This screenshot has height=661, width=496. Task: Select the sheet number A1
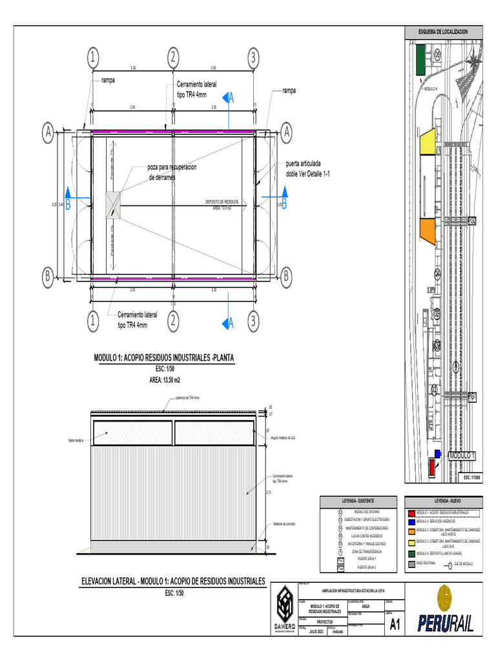[x=395, y=624]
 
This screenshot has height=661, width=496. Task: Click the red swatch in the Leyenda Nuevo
[x=411, y=512]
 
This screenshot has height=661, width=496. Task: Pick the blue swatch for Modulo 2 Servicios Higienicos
[x=411, y=520]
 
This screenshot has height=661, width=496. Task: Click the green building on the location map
[x=420, y=59]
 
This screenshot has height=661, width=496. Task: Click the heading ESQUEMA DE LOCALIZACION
[x=442, y=32]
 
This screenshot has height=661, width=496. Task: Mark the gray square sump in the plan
[x=114, y=204]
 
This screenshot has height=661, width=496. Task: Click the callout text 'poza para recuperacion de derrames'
[x=171, y=172]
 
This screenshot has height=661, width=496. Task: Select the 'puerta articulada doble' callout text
[x=307, y=169]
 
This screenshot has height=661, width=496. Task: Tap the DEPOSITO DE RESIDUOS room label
[x=222, y=205]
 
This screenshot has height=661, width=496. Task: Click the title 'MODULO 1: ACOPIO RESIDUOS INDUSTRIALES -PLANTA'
[x=164, y=358]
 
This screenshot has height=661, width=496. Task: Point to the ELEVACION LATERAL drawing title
[x=173, y=582]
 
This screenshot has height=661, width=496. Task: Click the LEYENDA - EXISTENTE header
[x=358, y=501]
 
